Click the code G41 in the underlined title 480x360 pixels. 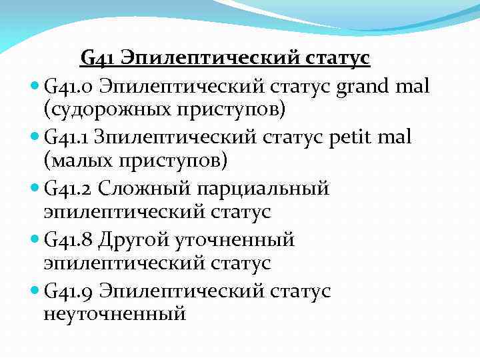(97, 59)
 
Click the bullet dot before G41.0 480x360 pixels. (35, 86)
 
